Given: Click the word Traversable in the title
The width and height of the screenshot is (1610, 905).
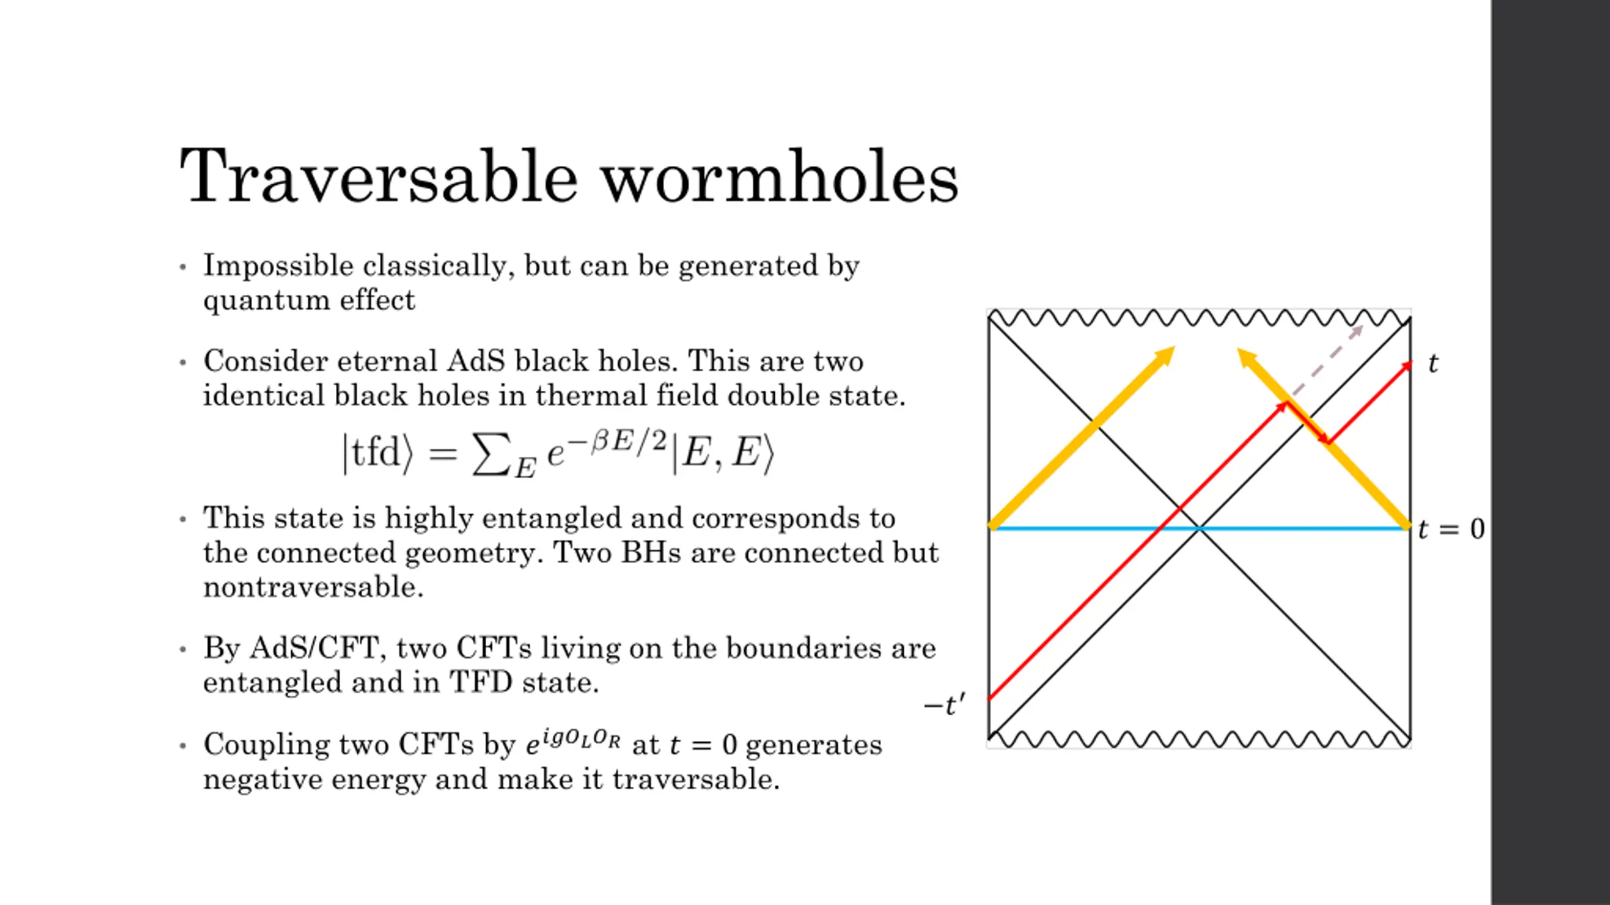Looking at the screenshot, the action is coord(378,177).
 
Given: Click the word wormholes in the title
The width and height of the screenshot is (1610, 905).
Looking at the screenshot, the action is coord(779,177).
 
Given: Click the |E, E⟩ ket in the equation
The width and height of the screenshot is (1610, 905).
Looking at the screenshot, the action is coord(723,452).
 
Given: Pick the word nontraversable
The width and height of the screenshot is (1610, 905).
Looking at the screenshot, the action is coord(313,588).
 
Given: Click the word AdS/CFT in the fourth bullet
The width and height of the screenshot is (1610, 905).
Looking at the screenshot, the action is coord(318,649).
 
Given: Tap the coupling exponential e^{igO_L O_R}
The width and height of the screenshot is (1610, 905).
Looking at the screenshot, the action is coord(573,743).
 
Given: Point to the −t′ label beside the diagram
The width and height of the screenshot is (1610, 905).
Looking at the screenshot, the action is coord(943,705).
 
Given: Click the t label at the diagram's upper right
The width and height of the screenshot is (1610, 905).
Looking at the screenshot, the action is coord(1433,364).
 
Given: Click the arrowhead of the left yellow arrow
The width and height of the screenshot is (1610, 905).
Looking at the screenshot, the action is coord(1165,355).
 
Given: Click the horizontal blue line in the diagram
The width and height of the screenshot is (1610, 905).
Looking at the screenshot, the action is coord(1069,529).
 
